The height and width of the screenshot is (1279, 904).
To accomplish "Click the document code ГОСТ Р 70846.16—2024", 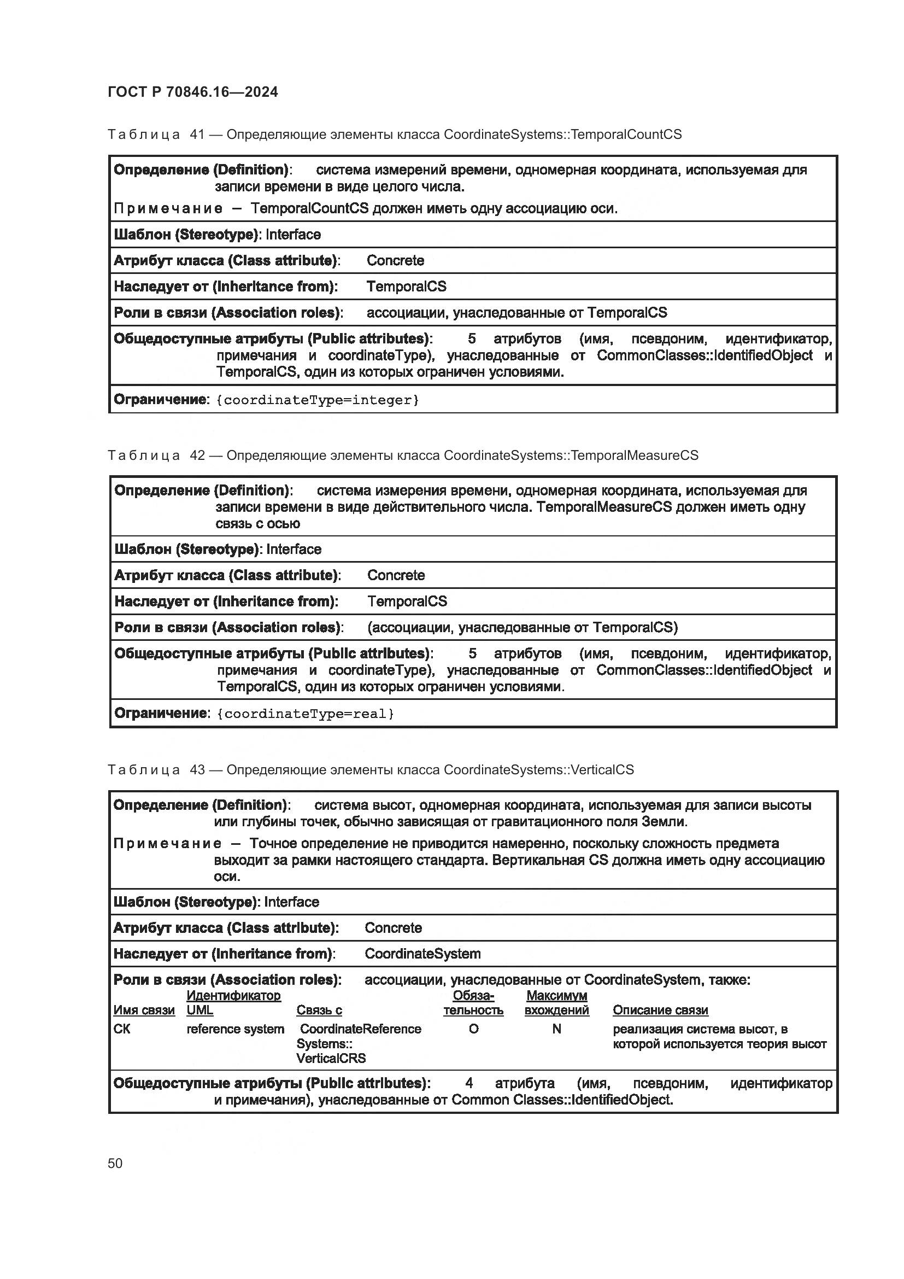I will click(192, 92).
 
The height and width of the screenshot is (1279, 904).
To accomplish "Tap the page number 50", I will click(115, 1163).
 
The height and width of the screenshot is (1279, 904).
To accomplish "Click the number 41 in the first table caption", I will click(197, 135).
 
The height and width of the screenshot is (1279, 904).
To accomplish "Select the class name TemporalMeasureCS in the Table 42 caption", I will click(634, 455).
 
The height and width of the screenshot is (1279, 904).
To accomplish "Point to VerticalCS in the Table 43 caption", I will click(602, 769).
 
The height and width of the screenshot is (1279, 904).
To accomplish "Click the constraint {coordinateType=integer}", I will click(318, 400).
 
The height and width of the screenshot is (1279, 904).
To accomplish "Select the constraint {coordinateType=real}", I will click(305, 714).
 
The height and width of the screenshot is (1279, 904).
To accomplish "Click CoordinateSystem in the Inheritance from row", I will click(422, 953).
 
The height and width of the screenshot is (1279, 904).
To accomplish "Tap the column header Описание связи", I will click(660, 1010).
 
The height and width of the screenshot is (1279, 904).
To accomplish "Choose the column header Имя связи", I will click(144, 1010).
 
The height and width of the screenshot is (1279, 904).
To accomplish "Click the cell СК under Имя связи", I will click(122, 1029).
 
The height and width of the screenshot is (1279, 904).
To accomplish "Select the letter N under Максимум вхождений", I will click(556, 1029).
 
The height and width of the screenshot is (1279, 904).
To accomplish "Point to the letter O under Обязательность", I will click(473, 1029).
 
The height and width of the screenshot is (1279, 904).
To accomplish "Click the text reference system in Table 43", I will click(235, 1029).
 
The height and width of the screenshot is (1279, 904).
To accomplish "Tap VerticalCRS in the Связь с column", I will click(331, 1058).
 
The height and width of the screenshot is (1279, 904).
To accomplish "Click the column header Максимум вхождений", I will click(556, 1003).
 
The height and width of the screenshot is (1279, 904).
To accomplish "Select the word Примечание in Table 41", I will click(168, 208).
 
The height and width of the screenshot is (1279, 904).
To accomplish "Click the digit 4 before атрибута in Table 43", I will click(469, 1082).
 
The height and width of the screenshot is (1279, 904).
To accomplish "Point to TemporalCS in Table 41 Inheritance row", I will click(406, 287).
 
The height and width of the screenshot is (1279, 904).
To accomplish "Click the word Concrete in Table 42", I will click(396, 575).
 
